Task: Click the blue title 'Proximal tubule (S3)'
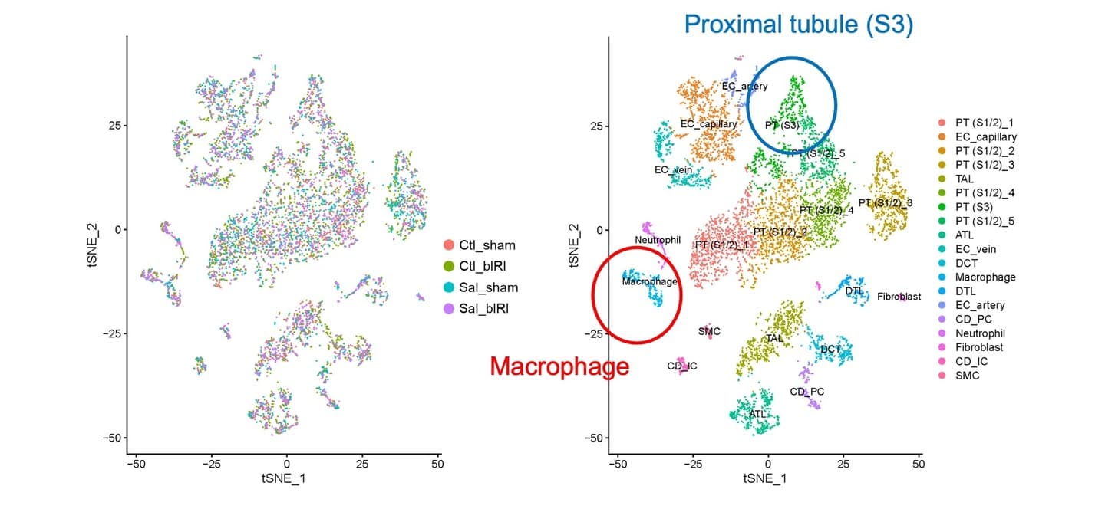click(799, 25)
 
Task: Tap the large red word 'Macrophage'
click(559, 366)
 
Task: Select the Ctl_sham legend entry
click(480, 245)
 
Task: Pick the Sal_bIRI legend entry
click(476, 308)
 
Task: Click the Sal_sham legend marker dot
click(448, 287)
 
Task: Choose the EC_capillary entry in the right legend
click(978, 136)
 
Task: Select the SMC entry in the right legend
click(958, 376)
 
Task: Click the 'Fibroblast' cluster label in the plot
click(899, 297)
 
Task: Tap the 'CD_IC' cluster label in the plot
click(681, 366)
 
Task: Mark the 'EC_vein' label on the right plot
click(674, 170)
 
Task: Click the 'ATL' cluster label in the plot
click(757, 414)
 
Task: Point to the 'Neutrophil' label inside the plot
click(658, 240)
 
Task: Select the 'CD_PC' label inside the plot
click(806, 392)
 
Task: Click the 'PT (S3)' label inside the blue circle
click(781, 125)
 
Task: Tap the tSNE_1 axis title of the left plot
click(284, 478)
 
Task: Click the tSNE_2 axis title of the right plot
click(574, 245)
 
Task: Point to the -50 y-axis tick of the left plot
click(112, 438)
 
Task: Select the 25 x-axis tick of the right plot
click(843, 465)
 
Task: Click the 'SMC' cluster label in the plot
click(709, 332)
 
